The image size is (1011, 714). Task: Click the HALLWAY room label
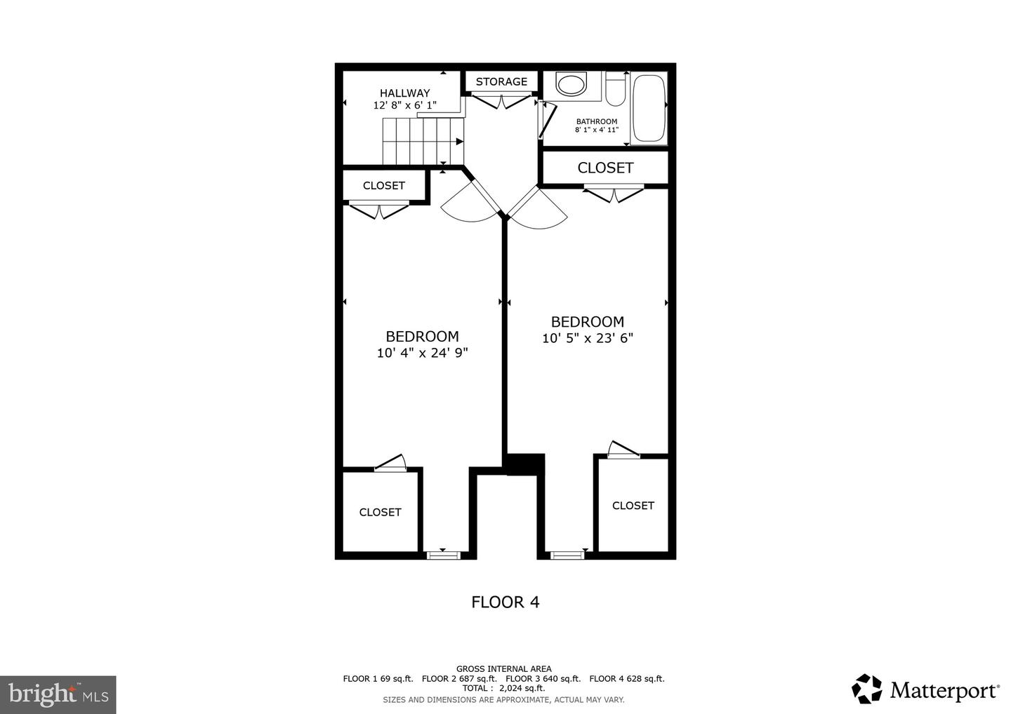coord(404,93)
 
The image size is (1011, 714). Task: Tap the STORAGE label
coord(501,81)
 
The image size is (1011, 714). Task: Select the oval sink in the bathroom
coord(570,85)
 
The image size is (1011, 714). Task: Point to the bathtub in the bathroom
coord(648,108)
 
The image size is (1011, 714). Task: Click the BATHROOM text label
coord(597,121)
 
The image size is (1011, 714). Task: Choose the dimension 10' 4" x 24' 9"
coord(422,353)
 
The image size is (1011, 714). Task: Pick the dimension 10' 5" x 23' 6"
coord(588,338)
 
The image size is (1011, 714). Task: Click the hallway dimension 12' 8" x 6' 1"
coord(404,105)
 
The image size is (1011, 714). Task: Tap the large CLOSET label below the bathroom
coord(605,168)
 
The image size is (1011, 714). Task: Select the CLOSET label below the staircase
coord(383,186)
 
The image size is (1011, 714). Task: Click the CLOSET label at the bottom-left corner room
coord(380,512)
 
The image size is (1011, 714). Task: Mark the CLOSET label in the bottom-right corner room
coord(633,505)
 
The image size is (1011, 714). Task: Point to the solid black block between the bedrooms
coord(524,464)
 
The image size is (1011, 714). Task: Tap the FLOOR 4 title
coord(505,602)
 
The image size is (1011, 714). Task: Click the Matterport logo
coord(925,690)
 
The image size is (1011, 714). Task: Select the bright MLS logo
coord(58,694)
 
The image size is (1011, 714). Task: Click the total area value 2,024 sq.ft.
coord(522,688)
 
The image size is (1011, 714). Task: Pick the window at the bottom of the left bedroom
coord(443,555)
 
